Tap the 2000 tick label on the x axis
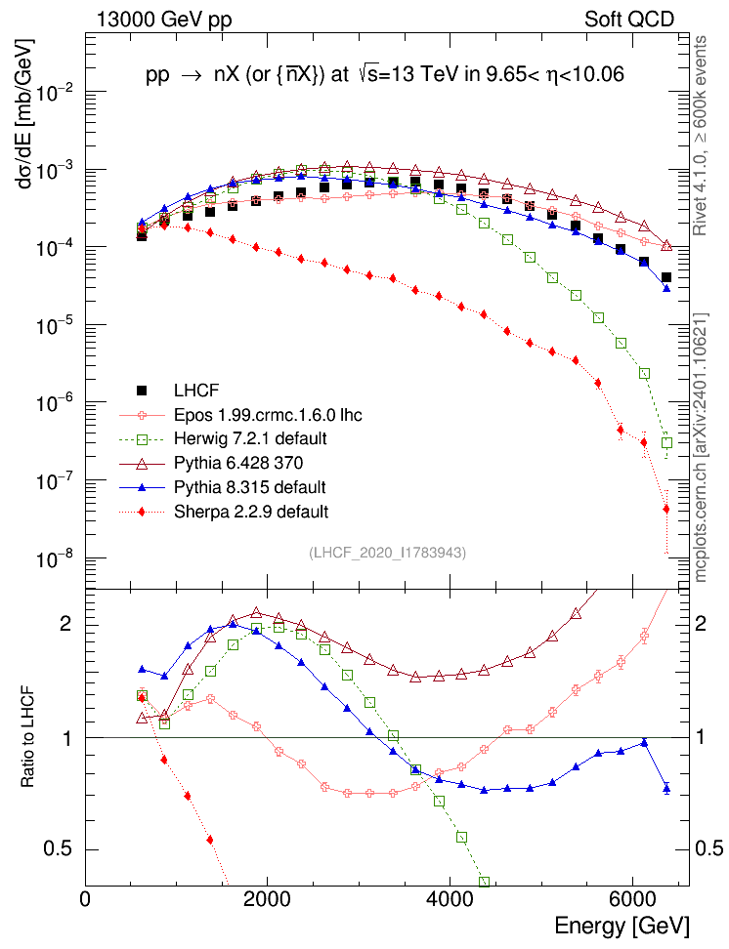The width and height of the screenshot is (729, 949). coord(268,897)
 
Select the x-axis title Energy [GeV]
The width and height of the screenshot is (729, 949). coord(622,925)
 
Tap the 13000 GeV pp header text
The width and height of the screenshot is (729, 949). coord(164,19)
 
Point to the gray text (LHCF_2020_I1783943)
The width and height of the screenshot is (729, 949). coord(387,553)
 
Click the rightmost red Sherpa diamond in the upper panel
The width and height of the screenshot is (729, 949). coord(666,508)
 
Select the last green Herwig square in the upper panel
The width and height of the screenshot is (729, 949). coord(666,442)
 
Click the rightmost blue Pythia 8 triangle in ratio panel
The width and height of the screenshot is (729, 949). coord(666,788)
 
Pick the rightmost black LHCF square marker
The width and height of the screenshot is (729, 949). coord(666,277)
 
